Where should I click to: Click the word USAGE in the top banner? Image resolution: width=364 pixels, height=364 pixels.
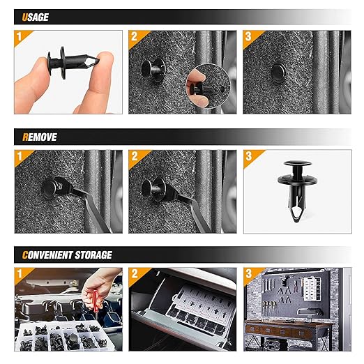pyautogui.click(x=36, y=17)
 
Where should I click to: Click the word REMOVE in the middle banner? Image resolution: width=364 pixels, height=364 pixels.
pyautogui.click(x=40, y=137)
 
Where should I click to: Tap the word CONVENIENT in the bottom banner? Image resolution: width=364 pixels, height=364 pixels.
pyautogui.click(x=47, y=255)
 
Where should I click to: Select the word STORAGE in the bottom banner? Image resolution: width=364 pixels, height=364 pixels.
pyautogui.click(x=93, y=255)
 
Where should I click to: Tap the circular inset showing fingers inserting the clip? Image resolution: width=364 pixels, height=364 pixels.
pyautogui.click(x=208, y=86)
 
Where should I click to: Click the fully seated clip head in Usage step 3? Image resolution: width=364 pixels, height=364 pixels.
pyautogui.click(x=278, y=73)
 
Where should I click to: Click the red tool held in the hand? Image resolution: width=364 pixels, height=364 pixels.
pyautogui.click(x=96, y=301)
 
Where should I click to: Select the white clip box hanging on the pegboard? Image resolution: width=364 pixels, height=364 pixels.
pyautogui.click(x=312, y=289)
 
